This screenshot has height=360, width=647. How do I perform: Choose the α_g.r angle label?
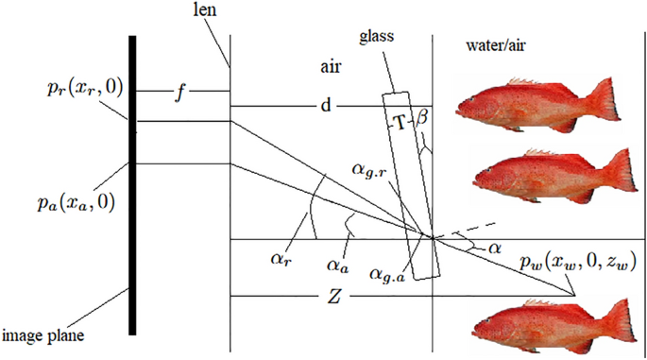pos(370,171)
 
